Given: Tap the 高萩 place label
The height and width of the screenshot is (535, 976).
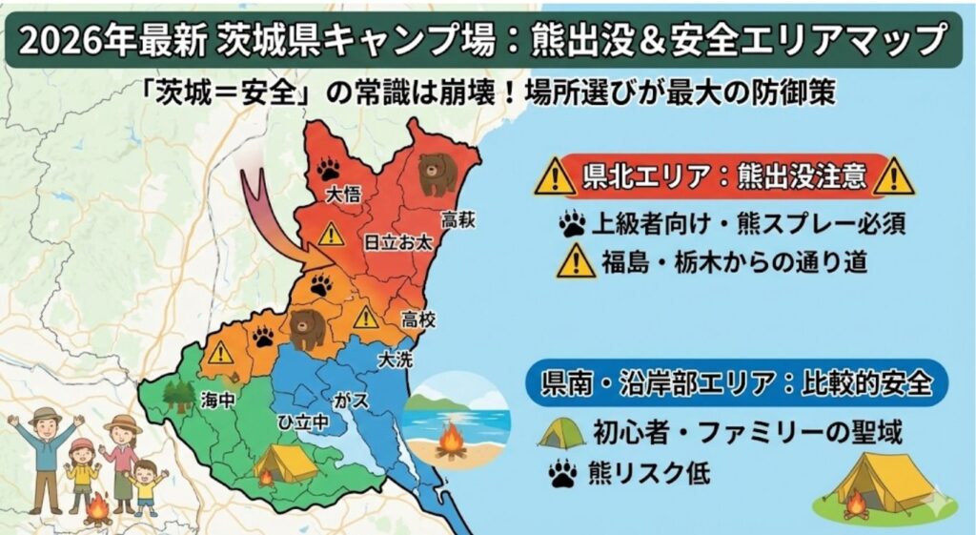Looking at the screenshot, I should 457,220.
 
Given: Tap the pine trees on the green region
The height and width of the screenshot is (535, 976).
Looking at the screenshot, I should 178,395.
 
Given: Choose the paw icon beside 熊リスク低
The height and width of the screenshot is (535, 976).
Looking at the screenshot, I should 561,471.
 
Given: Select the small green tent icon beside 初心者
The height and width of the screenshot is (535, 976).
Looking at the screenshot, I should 561,435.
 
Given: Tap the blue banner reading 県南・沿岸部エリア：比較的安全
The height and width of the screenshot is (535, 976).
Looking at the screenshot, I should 735,383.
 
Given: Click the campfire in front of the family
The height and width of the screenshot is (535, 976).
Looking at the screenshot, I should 97,509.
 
